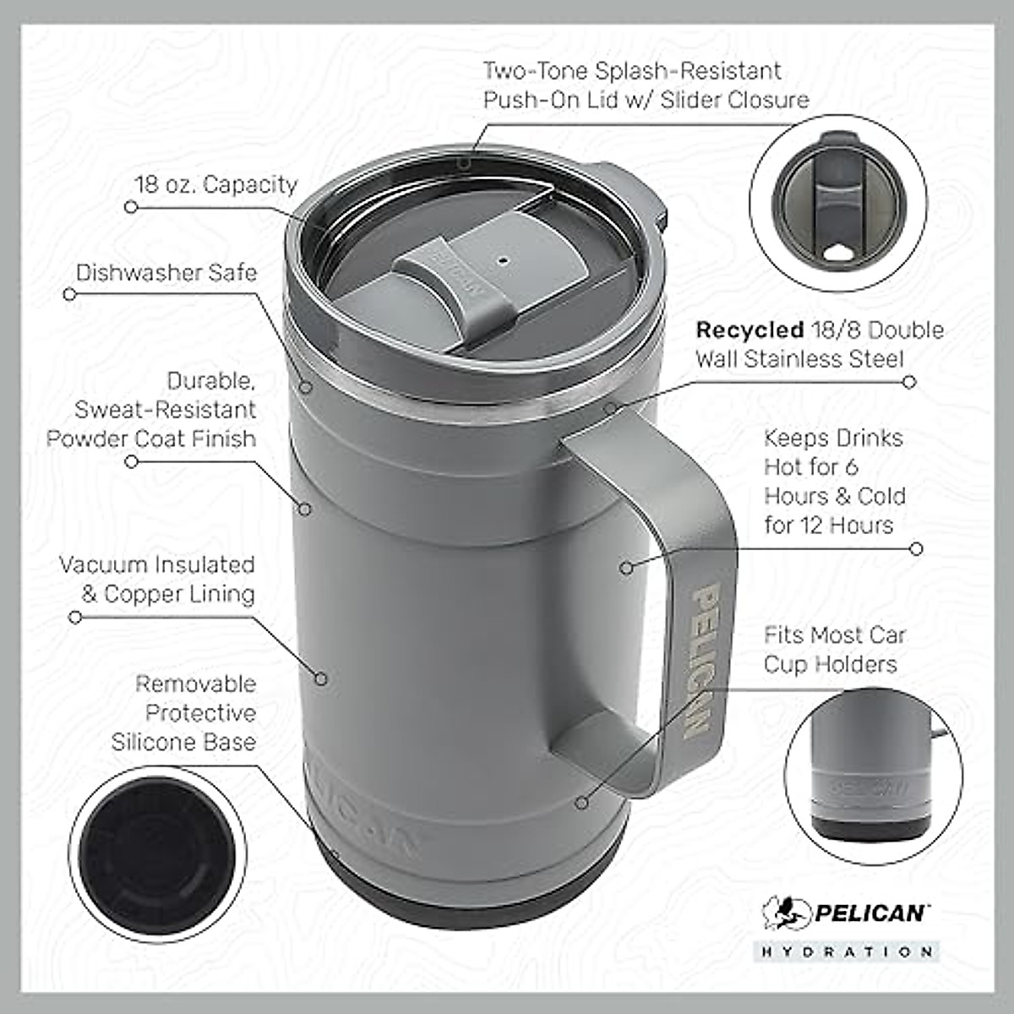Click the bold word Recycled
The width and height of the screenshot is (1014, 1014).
pyautogui.click(x=748, y=330)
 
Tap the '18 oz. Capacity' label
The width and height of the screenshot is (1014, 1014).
pyautogui.click(x=216, y=185)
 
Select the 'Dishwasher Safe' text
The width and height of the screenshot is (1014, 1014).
pyautogui.click(x=166, y=273)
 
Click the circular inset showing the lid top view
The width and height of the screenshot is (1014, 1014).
pyautogui.click(x=837, y=204)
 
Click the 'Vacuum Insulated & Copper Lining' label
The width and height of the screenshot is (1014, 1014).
pyautogui.click(x=157, y=579)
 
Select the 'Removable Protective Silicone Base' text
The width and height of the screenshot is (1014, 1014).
pyautogui.click(x=184, y=712)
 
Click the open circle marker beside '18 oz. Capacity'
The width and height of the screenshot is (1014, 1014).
pyautogui.click(x=131, y=206)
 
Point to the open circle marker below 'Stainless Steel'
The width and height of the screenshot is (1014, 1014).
pyautogui.click(x=909, y=382)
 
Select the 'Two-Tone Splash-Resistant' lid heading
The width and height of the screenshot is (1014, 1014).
pyautogui.click(x=632, y=71)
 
